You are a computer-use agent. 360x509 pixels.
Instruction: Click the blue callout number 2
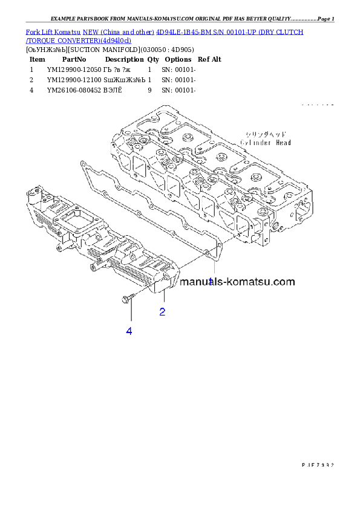point(162,312)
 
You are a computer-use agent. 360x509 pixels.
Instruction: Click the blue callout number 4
point(129,331)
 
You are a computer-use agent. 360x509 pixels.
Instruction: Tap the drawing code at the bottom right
point(318,465)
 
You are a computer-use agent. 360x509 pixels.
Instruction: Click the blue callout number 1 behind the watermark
point(211,281)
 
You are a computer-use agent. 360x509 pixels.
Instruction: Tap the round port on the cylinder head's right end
point(278,227)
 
